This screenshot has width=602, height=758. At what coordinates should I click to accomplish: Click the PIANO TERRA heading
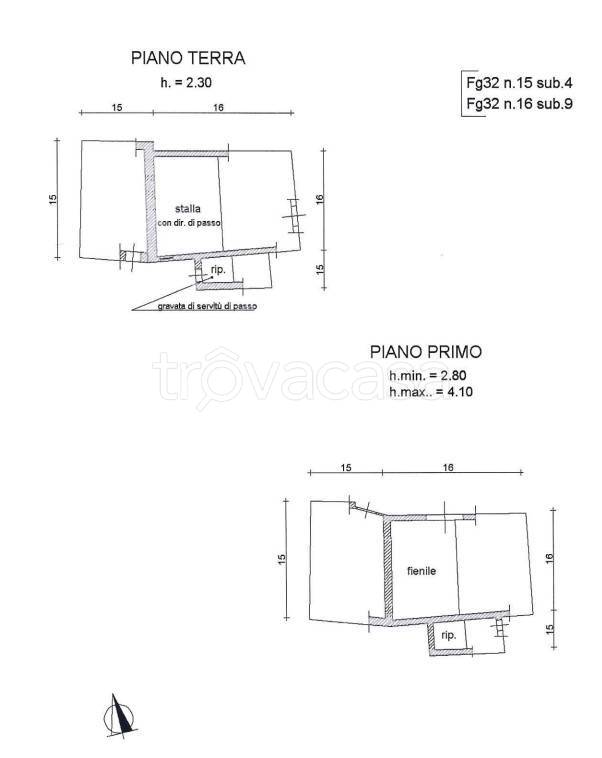tap(188, 58)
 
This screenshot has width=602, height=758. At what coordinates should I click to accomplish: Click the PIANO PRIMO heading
tap(426, 352)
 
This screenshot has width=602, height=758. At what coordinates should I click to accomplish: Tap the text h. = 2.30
tap(186, 83)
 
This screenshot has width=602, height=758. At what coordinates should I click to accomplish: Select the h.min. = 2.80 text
tap(428, 376)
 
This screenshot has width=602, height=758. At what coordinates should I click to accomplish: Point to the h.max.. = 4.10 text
tap(431, 392)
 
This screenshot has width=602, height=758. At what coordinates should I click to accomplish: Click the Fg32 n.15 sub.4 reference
tap(519, 83)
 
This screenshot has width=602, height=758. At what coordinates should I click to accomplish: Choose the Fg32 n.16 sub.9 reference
tap(519, 103)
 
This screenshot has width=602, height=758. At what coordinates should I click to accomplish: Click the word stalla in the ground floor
tap(188, 209)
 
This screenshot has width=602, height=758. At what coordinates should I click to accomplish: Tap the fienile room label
tap(422, 571)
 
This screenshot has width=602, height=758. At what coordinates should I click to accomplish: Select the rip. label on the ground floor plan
tap(218, 270)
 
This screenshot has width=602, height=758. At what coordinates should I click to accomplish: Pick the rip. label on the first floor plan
tap(449, 635)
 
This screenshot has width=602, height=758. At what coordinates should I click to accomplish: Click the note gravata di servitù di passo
tap(207, 306)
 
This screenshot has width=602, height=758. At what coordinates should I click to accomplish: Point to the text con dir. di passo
tap(189, 223)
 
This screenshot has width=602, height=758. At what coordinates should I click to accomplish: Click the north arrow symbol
tap(120, 716)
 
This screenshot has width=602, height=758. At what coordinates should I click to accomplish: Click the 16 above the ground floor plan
tap(219, 107)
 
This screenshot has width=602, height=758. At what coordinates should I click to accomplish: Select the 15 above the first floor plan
tap(346, 467)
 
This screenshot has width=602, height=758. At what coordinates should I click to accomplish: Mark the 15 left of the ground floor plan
tap(53, 199)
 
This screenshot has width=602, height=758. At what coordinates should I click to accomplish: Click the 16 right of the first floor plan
tap(549, 557)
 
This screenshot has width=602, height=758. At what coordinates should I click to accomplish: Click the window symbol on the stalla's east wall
tap(294, 216)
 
